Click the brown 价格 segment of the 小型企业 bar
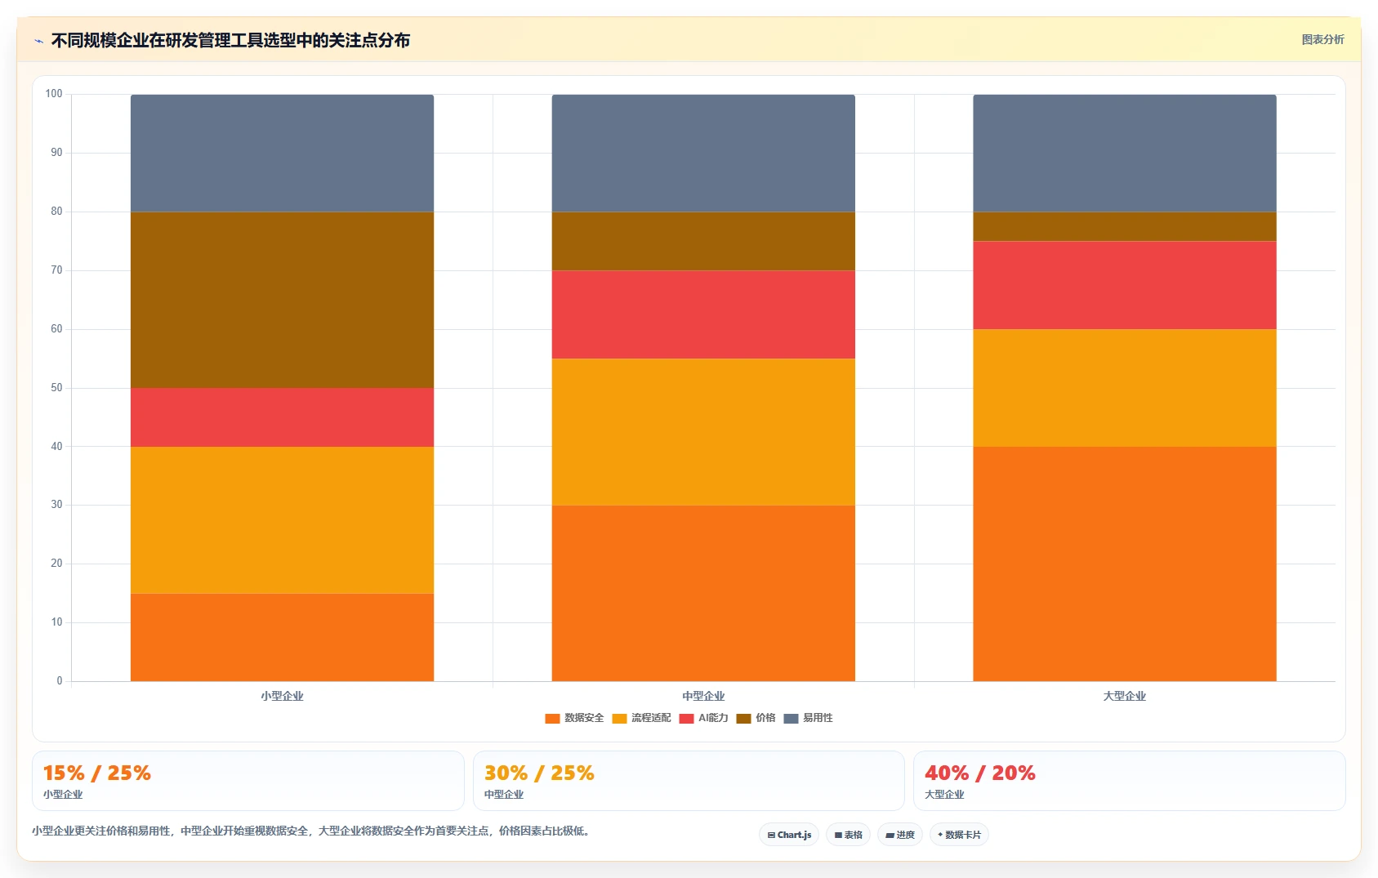coord(282,300)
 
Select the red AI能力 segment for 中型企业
coord(703,314)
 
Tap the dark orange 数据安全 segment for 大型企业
coord(1125,564)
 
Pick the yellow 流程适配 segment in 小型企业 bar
coord(282,520)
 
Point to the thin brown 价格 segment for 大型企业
coord(1125,226)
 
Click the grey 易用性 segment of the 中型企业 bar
coord(703,154)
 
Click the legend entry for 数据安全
coord(574,718)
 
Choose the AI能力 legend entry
coord(704,718)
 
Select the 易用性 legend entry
coord(809,718)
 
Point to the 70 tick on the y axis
coord(56,270)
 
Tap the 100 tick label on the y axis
coord(54,94)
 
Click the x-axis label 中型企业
coord(703,696)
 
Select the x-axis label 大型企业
coord(1125,696)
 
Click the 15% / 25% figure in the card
coord(97,773)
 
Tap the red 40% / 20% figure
coord(980,773)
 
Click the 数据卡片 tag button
coord(959,835)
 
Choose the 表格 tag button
coord(849,835)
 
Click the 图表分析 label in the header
coord(1322,39)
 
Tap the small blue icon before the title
coord(38,41)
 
